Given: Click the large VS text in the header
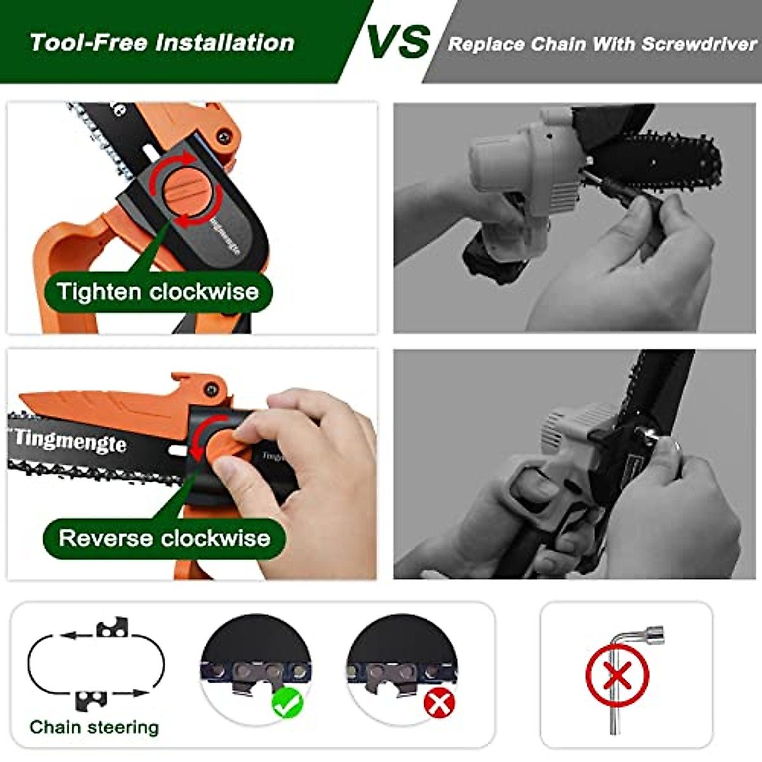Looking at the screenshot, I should click(398, 41).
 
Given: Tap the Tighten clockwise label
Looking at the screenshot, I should click(158, 292).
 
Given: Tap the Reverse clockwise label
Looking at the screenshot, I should click(164, 538).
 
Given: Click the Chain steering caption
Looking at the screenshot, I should click(94, 727).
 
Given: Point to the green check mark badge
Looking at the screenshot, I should click(287, 703).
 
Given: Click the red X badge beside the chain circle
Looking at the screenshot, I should click(439, 703).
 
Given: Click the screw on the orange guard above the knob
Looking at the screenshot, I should click(223, 135).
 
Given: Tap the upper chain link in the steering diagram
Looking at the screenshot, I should click(112, 630).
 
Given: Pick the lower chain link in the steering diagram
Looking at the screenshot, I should click(89, 700).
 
